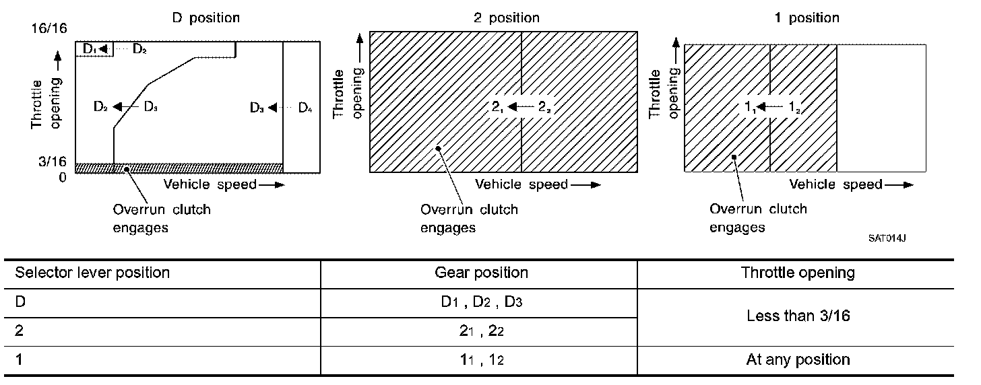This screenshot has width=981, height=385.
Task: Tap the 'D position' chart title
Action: pos(205,18)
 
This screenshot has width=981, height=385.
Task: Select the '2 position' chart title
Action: pos(506,18)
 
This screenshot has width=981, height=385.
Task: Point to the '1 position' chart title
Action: pos(806,18)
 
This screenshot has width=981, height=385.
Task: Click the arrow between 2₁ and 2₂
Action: pos(521,106)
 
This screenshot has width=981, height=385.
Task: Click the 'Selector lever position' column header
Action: pos(92,273)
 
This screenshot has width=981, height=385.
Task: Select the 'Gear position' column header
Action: pos(481,273)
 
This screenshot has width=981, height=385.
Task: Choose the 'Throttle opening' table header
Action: pos(798,273)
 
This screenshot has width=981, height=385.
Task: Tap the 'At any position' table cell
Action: pos(798,359)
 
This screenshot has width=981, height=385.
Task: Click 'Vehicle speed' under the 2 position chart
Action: pos(521,184)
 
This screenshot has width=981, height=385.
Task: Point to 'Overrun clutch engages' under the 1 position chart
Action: pos(758,217)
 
